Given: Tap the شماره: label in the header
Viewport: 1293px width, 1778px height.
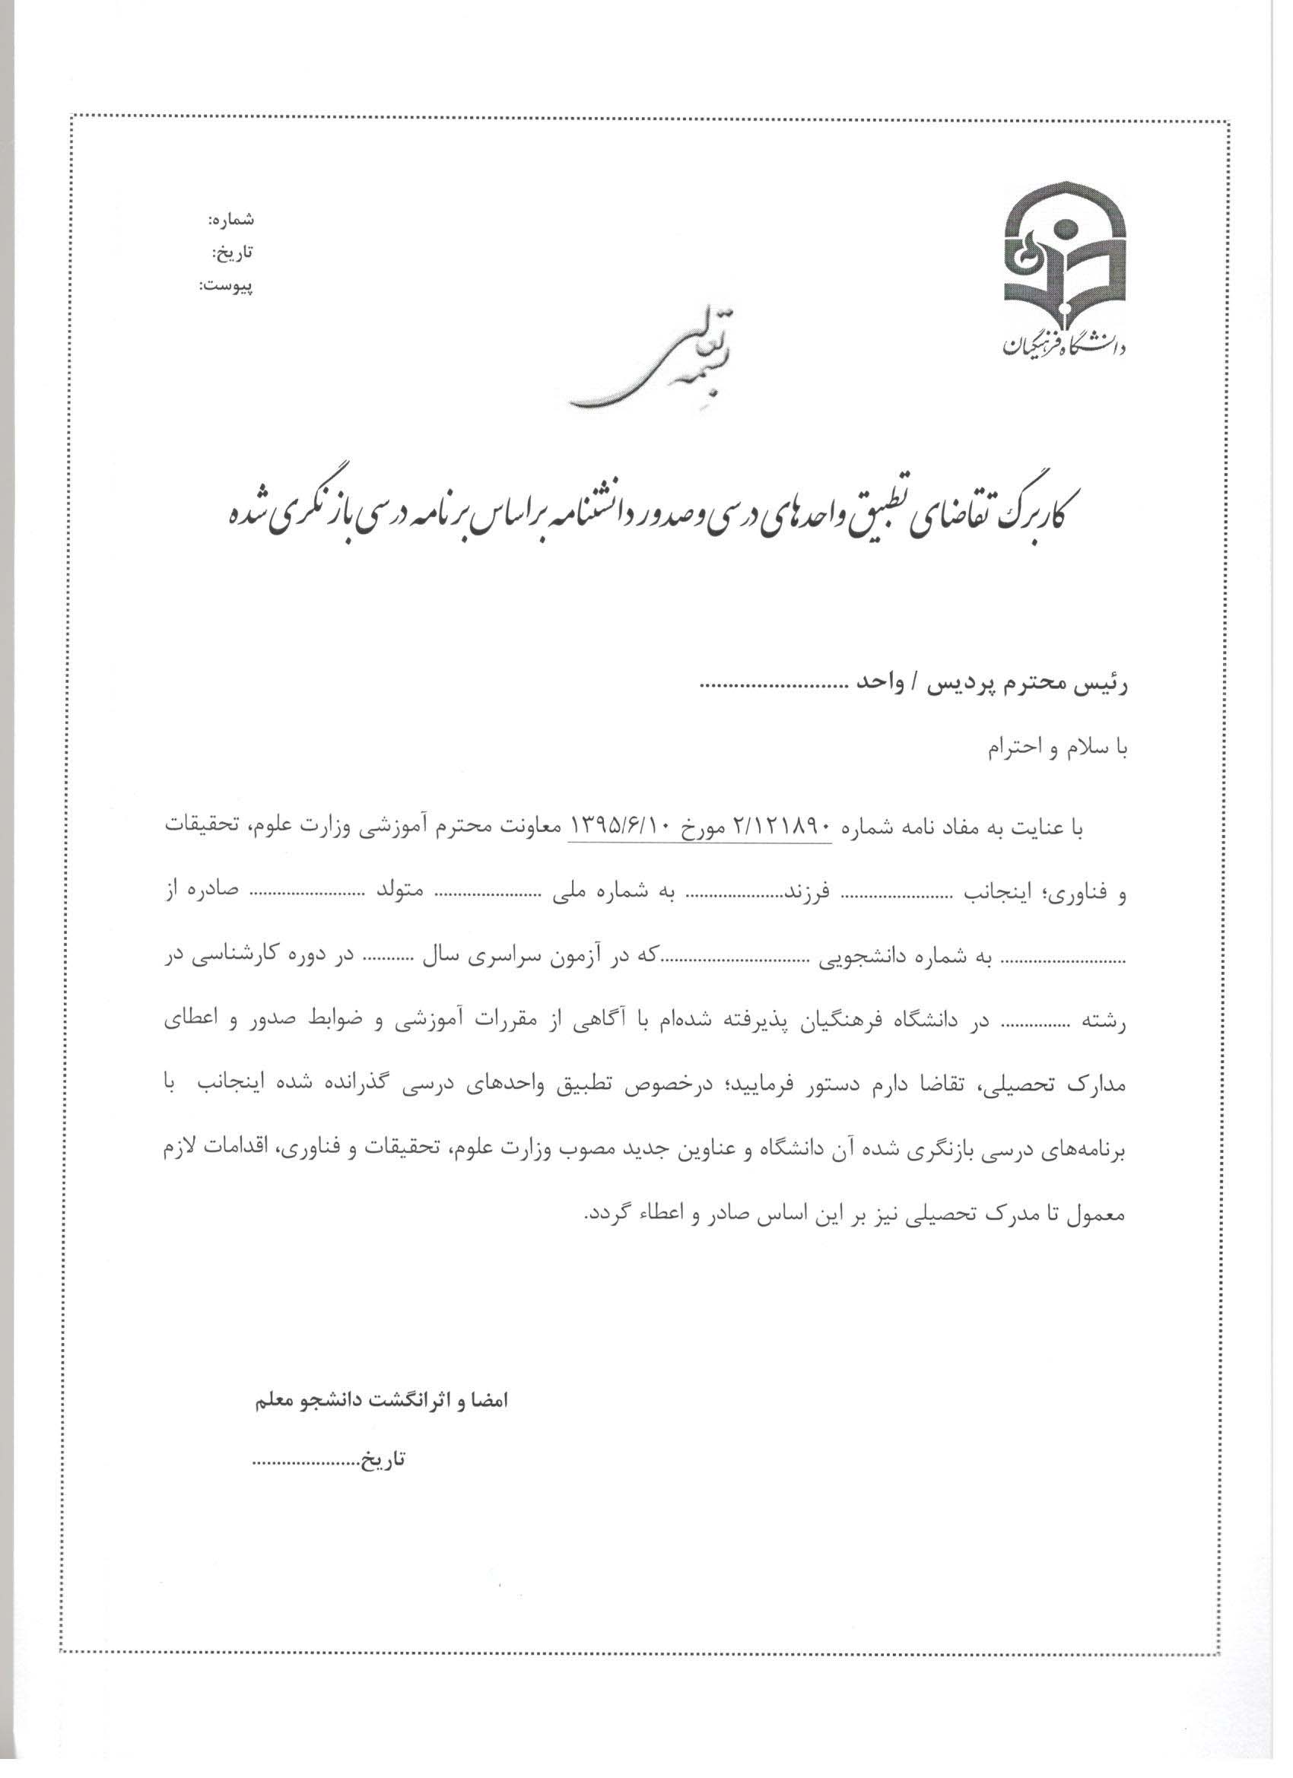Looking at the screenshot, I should coord(231,220).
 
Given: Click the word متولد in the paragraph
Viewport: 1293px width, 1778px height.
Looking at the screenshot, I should coord(408,894).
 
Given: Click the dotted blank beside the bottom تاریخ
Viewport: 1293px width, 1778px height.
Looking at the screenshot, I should coord(306,1462).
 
